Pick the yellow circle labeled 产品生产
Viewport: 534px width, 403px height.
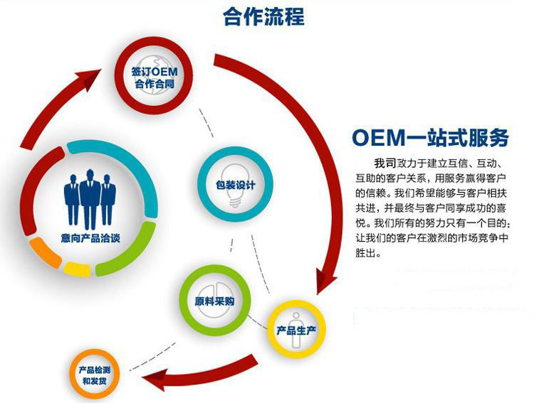pyautogui.click(x=300, y=328)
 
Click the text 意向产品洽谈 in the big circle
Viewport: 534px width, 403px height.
pyautogui.click(x=90, y=238)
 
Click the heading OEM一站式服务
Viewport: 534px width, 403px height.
pyautogui.click(x=430, y=136)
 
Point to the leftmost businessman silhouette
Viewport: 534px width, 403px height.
pyautogui.click(x=72, y=195)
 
